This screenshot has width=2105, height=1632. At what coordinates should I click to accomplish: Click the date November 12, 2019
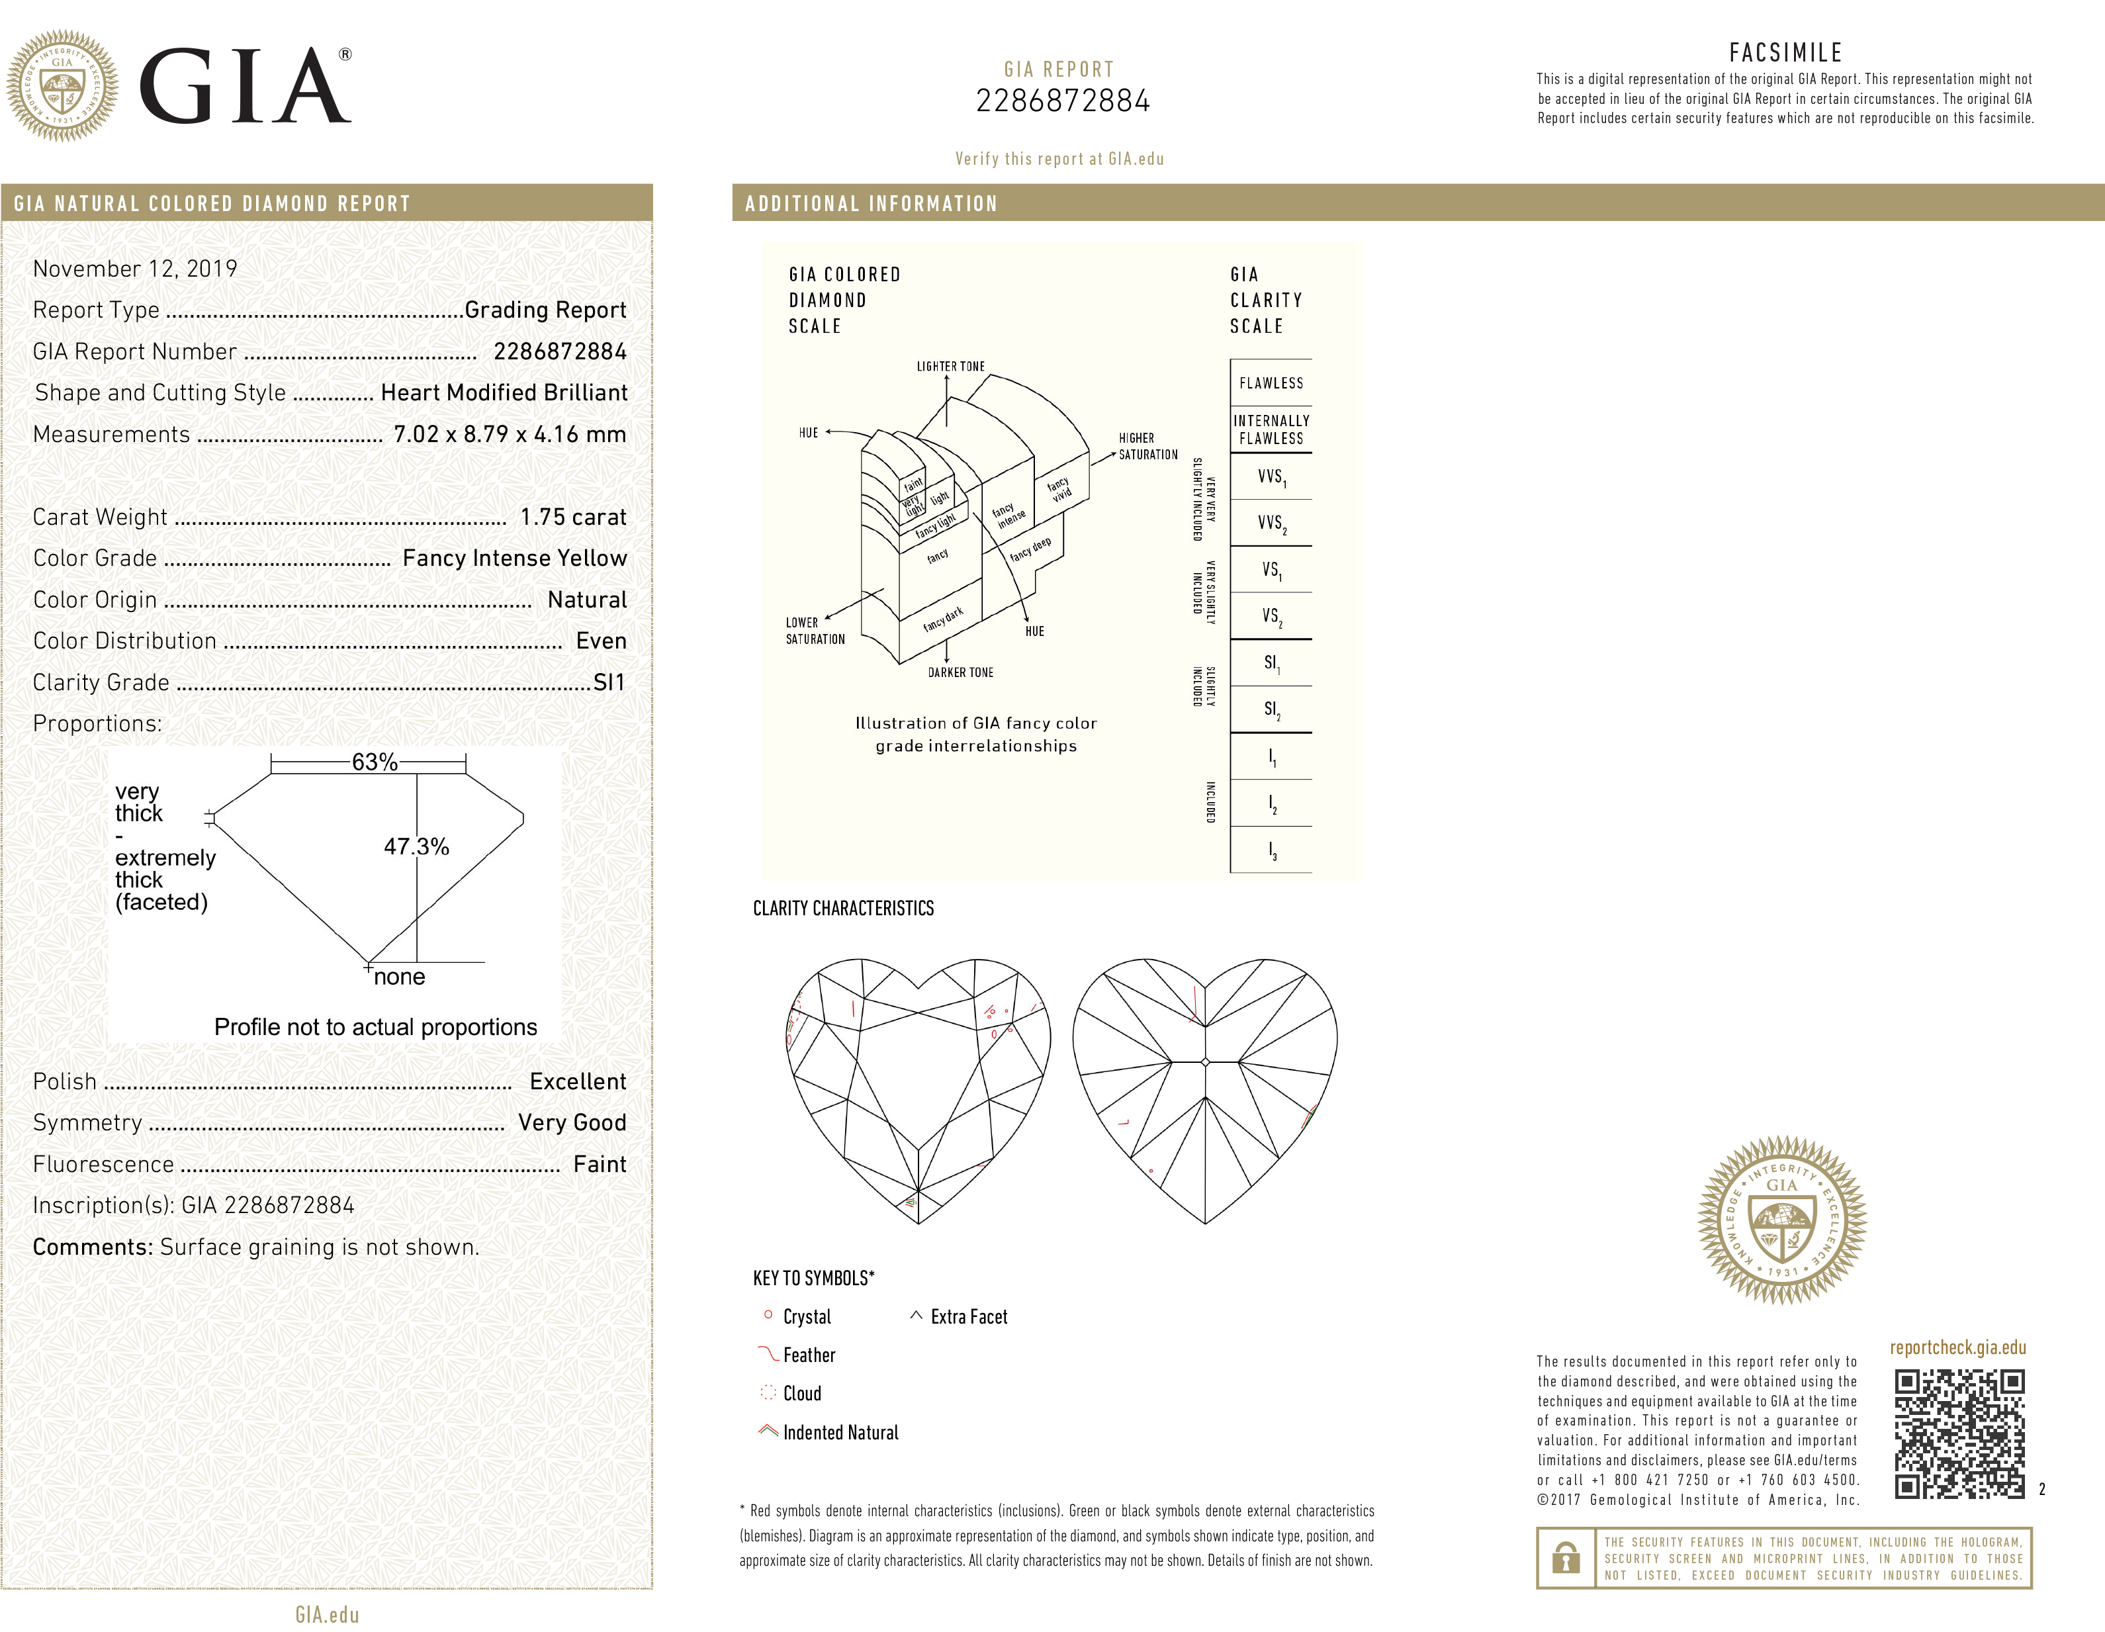135,269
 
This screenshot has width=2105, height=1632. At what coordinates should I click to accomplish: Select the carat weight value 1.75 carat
572,518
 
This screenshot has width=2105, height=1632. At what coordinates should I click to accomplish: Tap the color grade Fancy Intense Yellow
514,558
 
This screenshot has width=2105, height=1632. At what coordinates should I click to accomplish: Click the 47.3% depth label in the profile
416,846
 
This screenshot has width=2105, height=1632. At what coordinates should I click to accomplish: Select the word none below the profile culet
399,977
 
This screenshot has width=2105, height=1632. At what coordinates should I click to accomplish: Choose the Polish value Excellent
577,1081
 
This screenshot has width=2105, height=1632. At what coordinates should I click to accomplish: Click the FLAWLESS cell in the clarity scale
1271,383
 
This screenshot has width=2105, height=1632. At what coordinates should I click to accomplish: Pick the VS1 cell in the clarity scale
1271,570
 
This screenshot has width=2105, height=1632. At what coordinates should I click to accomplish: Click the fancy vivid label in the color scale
1059,488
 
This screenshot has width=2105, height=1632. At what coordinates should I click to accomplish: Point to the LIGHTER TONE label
950,367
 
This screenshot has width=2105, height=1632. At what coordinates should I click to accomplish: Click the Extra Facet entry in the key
967,1317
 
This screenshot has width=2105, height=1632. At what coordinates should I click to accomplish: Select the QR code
1959,1433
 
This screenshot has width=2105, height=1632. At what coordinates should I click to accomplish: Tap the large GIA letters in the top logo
246,87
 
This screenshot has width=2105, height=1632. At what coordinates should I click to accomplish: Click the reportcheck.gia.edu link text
1957,1347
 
